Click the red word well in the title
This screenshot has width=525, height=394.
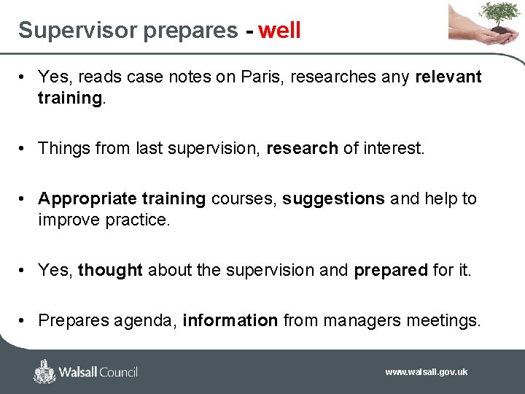(279, 31)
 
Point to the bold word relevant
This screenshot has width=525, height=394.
(448, 77)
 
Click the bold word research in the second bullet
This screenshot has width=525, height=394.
(302, 149)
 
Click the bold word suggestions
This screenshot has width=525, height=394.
(333, 199)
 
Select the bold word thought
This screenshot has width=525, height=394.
(110, 271)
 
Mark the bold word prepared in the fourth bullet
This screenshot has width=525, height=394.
(391, 271)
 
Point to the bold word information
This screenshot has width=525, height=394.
(230, 320)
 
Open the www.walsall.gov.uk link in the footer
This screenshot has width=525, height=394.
(426, 372)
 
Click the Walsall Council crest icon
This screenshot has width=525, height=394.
(44, 371)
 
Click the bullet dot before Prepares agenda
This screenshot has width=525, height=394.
(24, 320)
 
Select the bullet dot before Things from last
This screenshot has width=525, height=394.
(24, 149)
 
